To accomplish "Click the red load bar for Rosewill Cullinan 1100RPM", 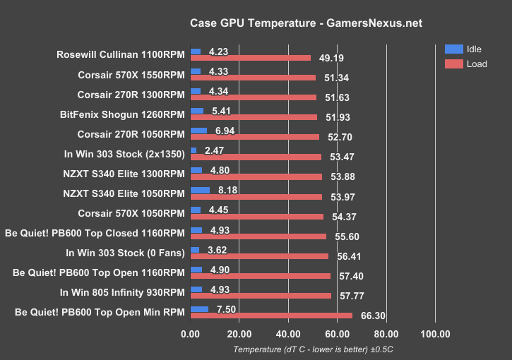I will pos(251,58).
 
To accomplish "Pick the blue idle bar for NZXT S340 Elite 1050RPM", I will pos(200,190).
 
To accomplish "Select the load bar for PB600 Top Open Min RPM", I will pos(271,316).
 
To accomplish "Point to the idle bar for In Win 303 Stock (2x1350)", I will pos(194,150).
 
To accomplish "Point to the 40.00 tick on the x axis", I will pos(287,334).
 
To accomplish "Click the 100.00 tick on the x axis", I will pos(434,334).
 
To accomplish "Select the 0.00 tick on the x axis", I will pos(191,334).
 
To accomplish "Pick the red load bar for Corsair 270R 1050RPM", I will pos(255,137).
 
